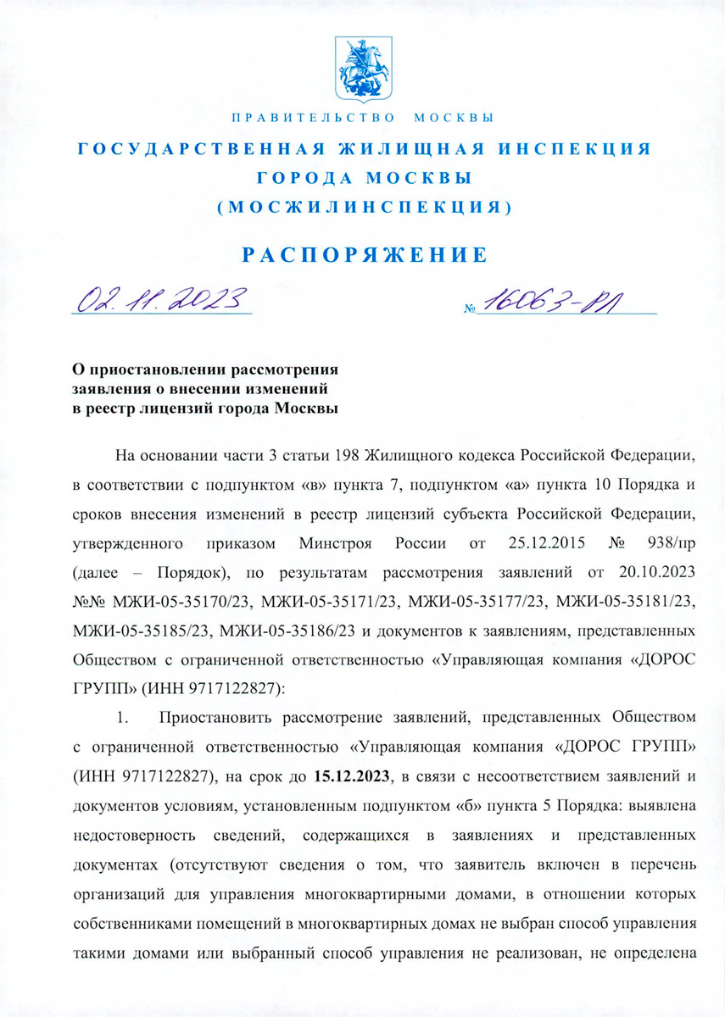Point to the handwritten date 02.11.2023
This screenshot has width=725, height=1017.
pos(160,299)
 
